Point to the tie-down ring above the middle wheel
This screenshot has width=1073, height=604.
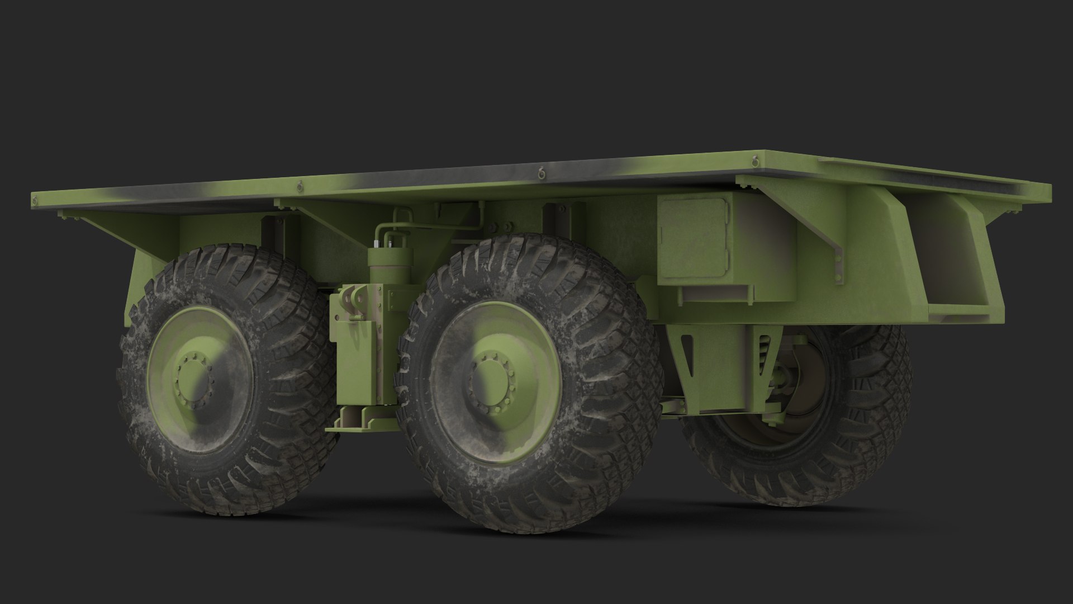(541, 173)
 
